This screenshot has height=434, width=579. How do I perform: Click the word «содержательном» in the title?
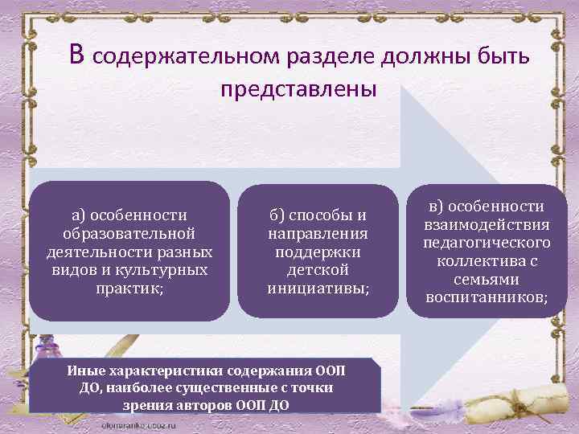pos(184,56)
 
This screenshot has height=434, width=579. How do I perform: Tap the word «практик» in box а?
pos(128,287)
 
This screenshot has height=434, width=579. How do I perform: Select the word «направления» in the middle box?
pos(318,233)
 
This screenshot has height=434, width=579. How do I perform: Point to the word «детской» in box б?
pos(318,269)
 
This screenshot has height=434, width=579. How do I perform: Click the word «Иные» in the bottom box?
pos(84,371)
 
